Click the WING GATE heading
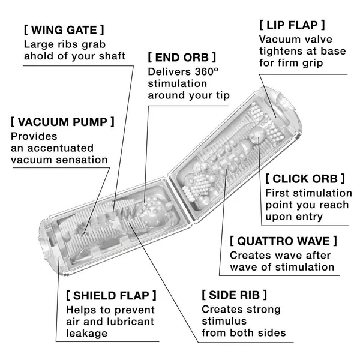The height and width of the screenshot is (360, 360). pos(63,28)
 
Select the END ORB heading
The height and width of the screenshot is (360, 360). pos(181,58)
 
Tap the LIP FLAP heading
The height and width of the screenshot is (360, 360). pos(292,25)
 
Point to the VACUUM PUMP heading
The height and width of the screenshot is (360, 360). pos(62,121)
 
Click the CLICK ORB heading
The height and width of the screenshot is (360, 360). pos(305,178)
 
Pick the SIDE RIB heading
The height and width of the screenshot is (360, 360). pos(234,295)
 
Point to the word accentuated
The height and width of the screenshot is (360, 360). pos(59,148)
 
